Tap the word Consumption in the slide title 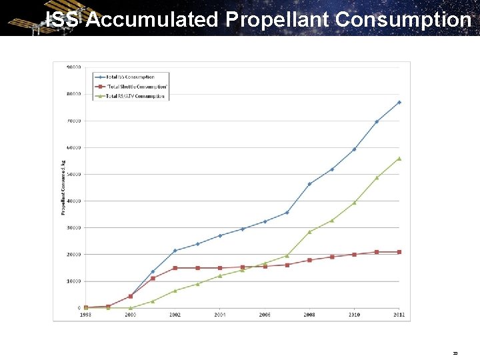point(403,19)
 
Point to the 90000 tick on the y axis point(73,67)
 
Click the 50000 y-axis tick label point(73,174)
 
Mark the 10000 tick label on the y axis point(73,281)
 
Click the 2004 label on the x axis point(220,315)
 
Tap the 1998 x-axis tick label point(85,315)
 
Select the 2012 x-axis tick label point(399,315)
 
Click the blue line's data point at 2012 point(399,102)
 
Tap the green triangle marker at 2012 point(399,159)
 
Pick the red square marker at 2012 point(399,252)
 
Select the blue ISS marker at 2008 point(309,184)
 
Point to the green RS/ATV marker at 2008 point(309,232)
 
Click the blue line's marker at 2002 point(175,251)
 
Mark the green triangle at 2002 point(175,291)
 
